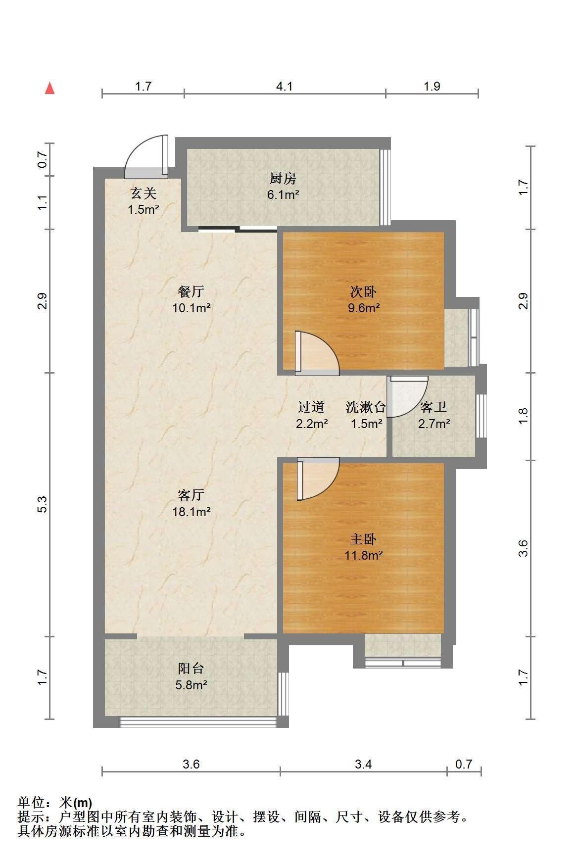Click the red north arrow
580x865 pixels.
(x=49, y=88)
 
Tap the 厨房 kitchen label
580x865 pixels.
(x=283, y=178)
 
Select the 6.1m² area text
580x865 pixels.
(x=283, y=194)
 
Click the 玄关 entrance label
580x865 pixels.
(x=144, y=192)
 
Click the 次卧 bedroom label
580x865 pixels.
(x=364, y=291)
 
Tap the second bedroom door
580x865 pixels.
(x=317, y=351)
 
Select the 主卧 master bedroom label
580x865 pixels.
(x=364, y=538)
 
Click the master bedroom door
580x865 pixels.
(x=318, y=479)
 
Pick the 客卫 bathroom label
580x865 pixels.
(x=434, y=407)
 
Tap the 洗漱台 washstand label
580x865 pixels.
(x=366, y=407)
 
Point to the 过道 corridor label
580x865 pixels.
(x=311, y=407)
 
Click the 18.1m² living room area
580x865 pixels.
(x=191, y=512)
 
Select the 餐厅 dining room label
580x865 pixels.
(x=191, y=291)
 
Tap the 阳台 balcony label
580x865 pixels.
(x=191, y=669)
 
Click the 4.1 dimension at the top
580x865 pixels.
(x=285, y=87)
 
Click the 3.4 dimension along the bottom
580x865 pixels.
(x=363, y=764)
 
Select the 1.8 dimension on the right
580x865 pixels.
(x=524, y=416)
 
